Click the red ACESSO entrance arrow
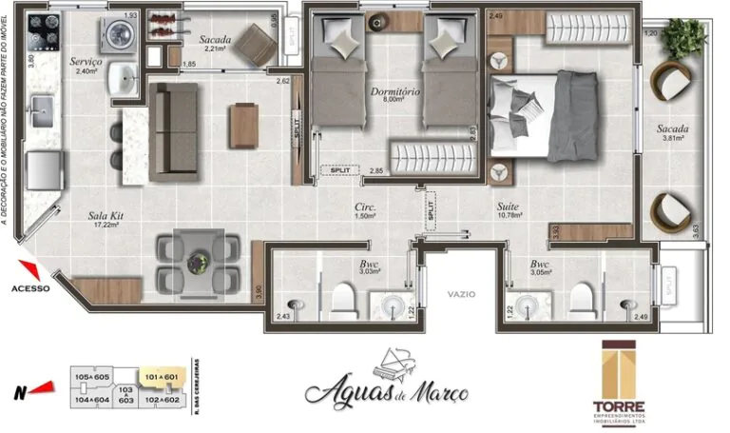29,270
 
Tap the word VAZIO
461,295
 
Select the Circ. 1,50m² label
362,210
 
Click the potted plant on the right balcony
685,37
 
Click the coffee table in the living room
242,125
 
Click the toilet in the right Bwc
581,302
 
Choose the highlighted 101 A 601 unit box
159,378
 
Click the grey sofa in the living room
173,131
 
